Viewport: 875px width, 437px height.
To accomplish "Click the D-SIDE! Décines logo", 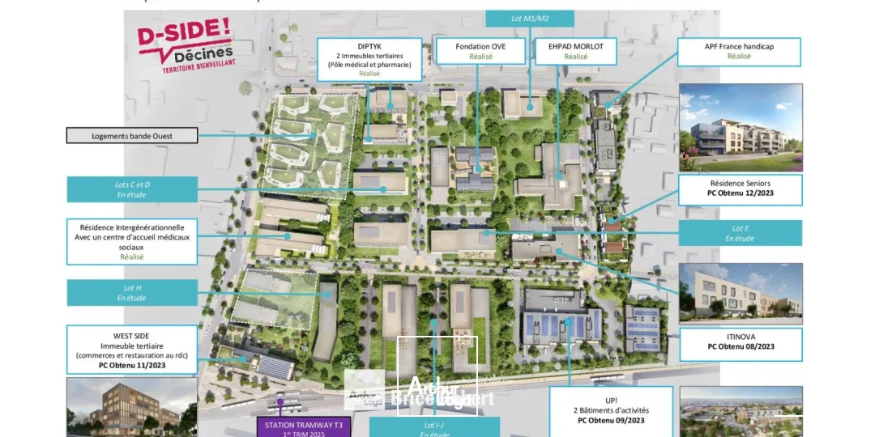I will (185, 47).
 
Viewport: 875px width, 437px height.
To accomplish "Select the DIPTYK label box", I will (369, 59).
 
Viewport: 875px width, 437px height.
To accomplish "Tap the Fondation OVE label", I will (480, 51).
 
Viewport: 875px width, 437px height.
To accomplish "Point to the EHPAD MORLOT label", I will (576, 51).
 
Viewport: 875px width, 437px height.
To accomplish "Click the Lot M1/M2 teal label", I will (530, 19).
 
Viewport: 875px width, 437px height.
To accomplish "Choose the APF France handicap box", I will (739, 52).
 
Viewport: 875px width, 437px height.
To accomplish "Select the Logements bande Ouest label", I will (132, 135).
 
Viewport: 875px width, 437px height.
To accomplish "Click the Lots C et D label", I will (132, 189).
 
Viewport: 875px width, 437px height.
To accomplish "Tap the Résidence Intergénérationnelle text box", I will (132, 241).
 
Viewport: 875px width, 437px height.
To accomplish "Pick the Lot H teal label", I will (132, 292).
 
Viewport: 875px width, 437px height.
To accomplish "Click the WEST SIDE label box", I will (132, 350).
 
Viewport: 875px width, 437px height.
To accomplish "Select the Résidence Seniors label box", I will (741, 189).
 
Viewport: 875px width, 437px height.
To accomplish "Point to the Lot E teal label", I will (740, 233).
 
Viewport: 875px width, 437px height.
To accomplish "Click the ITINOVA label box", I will (741, 344).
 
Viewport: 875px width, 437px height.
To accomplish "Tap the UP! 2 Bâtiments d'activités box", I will (611, 410).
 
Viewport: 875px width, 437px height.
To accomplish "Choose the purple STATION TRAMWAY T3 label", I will (304, 426).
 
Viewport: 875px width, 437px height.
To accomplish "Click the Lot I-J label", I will (434, 427).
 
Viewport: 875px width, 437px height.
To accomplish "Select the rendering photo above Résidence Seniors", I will (741, 127).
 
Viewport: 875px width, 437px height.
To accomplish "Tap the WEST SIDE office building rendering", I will (131, 407).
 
